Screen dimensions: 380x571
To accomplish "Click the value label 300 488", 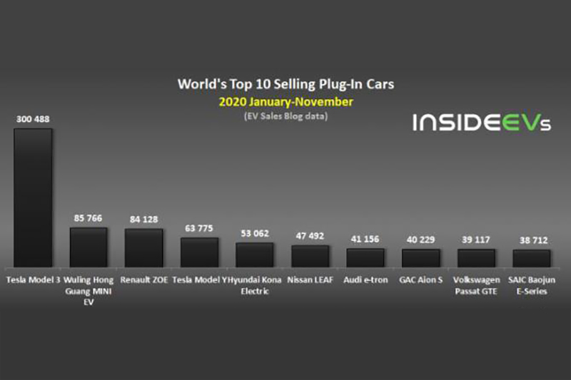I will [33, 120].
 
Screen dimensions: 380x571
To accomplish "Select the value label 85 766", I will [89, 218].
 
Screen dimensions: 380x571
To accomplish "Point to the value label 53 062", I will [255, 233].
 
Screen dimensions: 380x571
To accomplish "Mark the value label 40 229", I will [421, 240].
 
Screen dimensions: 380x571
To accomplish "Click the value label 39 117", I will [476, 240].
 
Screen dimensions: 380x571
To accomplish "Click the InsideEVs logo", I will [482, 122].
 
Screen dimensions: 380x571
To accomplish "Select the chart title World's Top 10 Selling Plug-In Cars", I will [285, 84].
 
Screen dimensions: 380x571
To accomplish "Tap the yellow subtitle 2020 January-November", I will [285, 102].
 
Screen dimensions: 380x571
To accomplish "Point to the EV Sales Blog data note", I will [285, 115].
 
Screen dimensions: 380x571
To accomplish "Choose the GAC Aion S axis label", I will [421, 280].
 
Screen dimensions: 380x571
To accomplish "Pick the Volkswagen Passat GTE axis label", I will [476, 285].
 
